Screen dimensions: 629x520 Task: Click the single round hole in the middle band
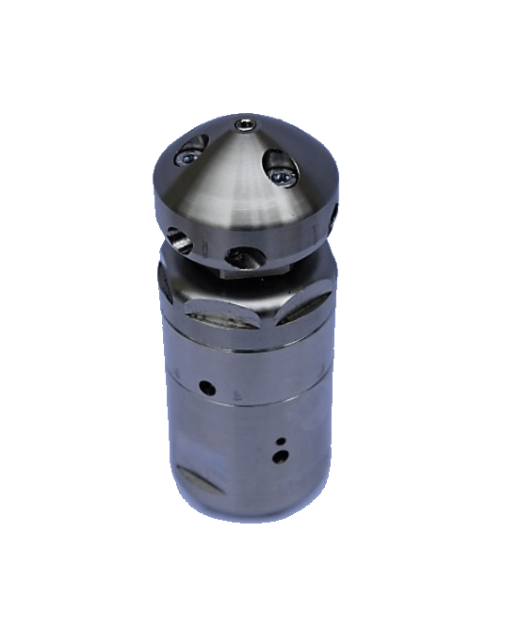click(x=205, y=385)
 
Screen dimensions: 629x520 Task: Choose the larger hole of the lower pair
click(x=278, y=457)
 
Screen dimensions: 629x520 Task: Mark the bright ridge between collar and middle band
click(x=245, y=346)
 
